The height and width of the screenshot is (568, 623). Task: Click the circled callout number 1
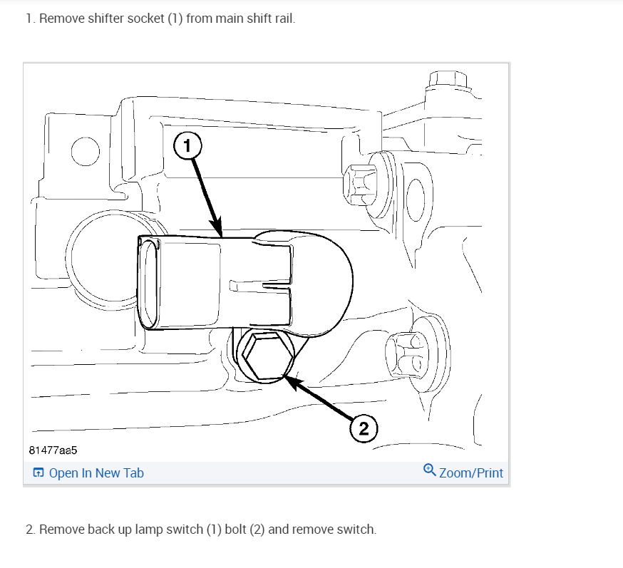[x=187, y=147]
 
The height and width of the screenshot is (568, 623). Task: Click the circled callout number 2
[x=364, y=428]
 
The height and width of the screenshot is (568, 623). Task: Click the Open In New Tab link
[x=96, y=473]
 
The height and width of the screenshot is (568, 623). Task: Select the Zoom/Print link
[x=471, y=473]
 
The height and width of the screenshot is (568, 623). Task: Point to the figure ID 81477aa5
[x=53, y=451]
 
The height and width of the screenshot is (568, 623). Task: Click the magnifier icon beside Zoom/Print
[x=429, y=470]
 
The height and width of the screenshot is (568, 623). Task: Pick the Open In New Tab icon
[x=38, y=473]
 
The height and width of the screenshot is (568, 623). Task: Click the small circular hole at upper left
[x=84, y=151]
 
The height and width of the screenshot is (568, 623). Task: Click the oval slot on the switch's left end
[x=148, y=283]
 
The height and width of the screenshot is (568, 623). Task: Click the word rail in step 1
[x=283, y=19]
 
